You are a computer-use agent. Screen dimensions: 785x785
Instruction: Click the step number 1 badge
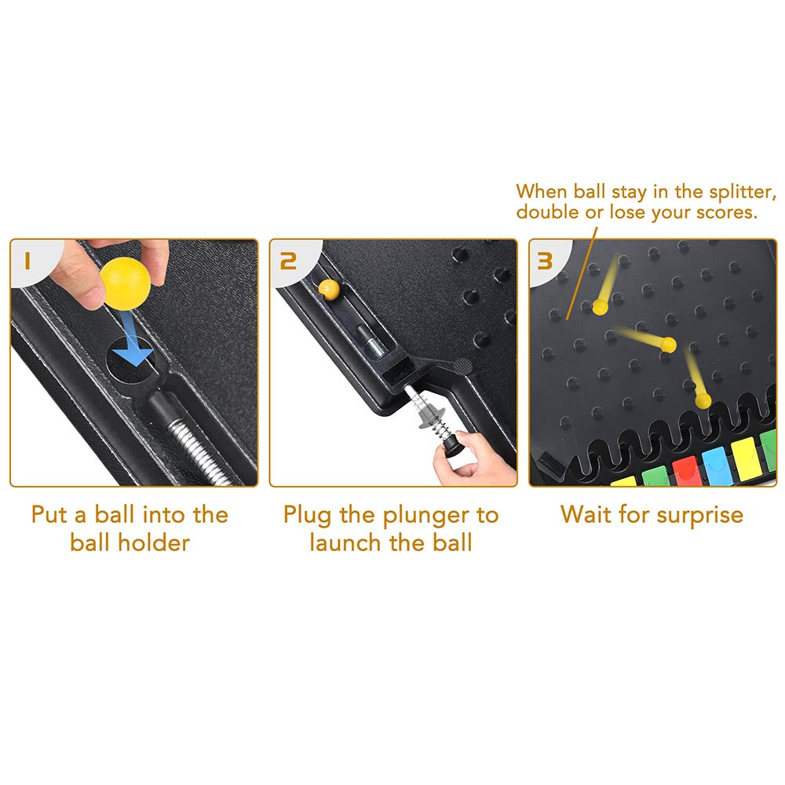pyautogui.click(x=27, y=261)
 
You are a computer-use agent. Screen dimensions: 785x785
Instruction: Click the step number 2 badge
pyautogui.click(x=288, y=261)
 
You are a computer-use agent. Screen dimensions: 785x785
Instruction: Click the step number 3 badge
pyautogui.click(x=545, y=261)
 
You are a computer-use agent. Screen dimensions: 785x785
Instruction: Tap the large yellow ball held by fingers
pyautogui.click(x=125, y=283)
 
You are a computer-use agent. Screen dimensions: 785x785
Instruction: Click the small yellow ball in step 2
pyautogui.click(x=329, y=290)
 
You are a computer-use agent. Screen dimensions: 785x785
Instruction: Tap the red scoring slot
pyautogui.click(x=686, y=472)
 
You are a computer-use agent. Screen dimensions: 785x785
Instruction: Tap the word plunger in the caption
pyautogui.click(x=422, y=516)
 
